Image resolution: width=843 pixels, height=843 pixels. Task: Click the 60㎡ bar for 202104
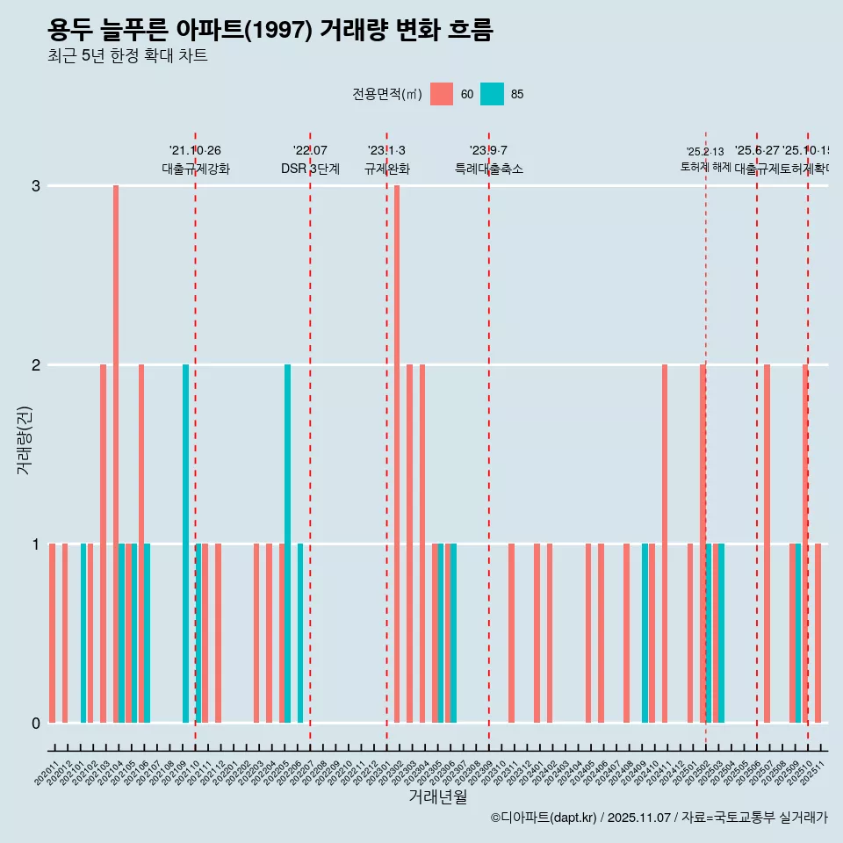pos(116,454)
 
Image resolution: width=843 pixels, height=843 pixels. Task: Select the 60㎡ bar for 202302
pos(397,454)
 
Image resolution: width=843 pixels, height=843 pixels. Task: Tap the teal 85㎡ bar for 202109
pos(185,544)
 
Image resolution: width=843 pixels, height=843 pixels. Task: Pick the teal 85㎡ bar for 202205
pos(287,544)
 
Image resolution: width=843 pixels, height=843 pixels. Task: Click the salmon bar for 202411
pos(665,544)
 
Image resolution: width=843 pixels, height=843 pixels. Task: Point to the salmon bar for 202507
pos(767,544)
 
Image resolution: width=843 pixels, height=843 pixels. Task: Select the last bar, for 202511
pos(818,633)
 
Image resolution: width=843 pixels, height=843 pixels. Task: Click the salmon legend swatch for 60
pos(442,94)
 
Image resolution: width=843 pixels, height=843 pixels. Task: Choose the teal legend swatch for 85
pos(493,94)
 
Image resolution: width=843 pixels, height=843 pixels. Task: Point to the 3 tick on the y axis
pos(35,186)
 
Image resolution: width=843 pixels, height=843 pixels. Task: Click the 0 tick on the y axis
pos(35,724)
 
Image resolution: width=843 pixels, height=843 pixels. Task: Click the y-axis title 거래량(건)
pos(24,439)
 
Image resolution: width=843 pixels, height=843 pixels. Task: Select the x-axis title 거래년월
pos(437,796)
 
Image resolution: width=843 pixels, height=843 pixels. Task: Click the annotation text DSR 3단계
pos(310,169)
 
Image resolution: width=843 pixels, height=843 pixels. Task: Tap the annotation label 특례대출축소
pos(488,169)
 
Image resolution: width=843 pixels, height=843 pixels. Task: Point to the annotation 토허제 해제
pos(705,166)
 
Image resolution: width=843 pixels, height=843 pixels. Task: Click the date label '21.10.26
pos(195,151)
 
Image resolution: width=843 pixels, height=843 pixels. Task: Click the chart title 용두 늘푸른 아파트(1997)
pos(270,31)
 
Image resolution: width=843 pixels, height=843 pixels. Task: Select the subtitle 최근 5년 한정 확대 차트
pos(127,56)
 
